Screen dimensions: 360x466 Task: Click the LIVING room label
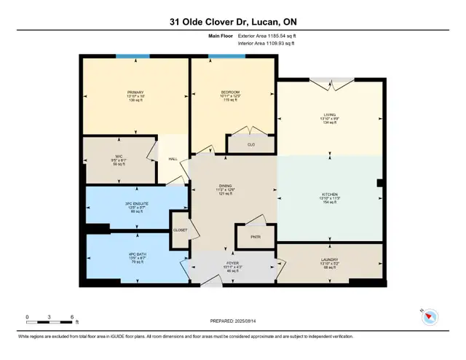point(330,114)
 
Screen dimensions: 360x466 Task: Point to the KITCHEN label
point(330,195)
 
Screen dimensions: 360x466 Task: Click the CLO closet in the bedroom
point(251,144)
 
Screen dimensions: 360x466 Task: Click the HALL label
point(173,158)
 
